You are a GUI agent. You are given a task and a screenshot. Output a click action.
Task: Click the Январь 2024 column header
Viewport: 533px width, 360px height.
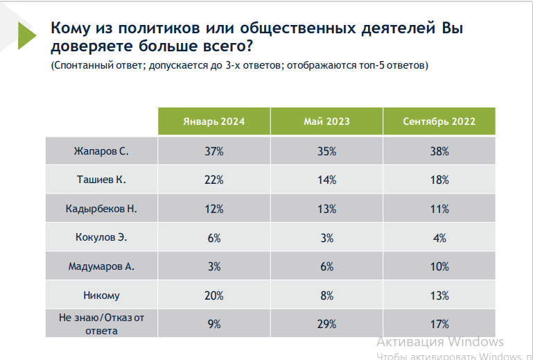click(213, 121)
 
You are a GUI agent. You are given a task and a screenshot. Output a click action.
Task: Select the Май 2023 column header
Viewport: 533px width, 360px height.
click(326, 121)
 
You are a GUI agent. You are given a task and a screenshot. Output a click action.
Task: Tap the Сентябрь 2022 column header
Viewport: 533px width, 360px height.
click(439, 121)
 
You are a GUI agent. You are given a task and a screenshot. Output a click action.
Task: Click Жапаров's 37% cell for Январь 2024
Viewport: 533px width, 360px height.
click(213, 151)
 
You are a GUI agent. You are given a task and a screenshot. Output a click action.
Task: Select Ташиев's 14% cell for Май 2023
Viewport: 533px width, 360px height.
click(326, 180)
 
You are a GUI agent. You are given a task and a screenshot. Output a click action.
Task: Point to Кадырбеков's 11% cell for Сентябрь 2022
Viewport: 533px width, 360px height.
click(439, 209)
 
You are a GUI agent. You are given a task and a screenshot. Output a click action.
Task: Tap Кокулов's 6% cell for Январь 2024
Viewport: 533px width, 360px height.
click(213, 238)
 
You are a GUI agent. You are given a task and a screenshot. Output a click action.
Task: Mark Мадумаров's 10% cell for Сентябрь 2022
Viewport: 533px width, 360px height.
click(439, 266)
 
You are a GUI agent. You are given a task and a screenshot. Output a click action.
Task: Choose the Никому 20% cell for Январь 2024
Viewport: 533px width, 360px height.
click(213, 295)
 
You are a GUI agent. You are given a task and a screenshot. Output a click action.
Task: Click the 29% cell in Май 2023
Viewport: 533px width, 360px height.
click(326, 324)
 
